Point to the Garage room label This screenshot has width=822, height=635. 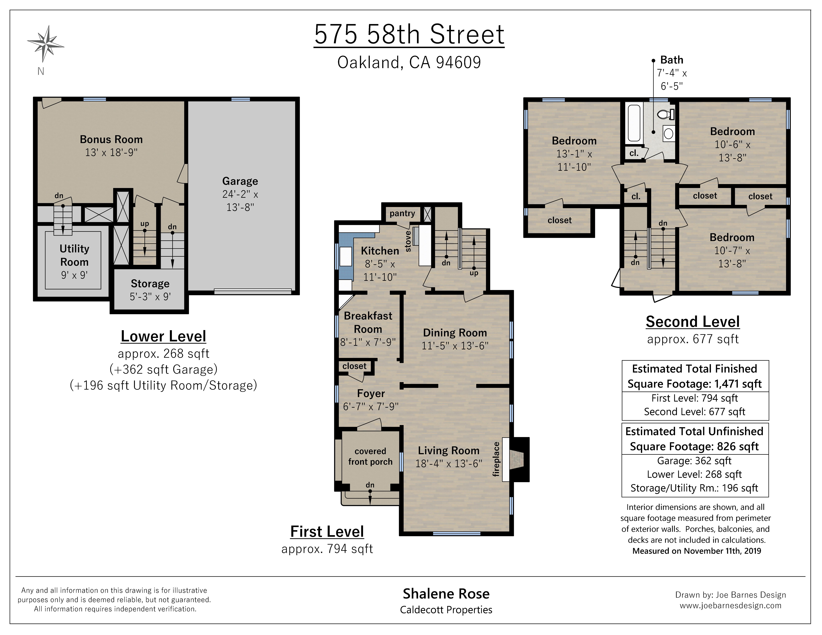pyautogui.click(x=240, y=181)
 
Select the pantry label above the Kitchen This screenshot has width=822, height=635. pyautogui.click(x=402, y=213)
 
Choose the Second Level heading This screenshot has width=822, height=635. pyautogui.click(x=692, y=322)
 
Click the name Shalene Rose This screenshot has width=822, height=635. pyautogui.click(x=446, y=594)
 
